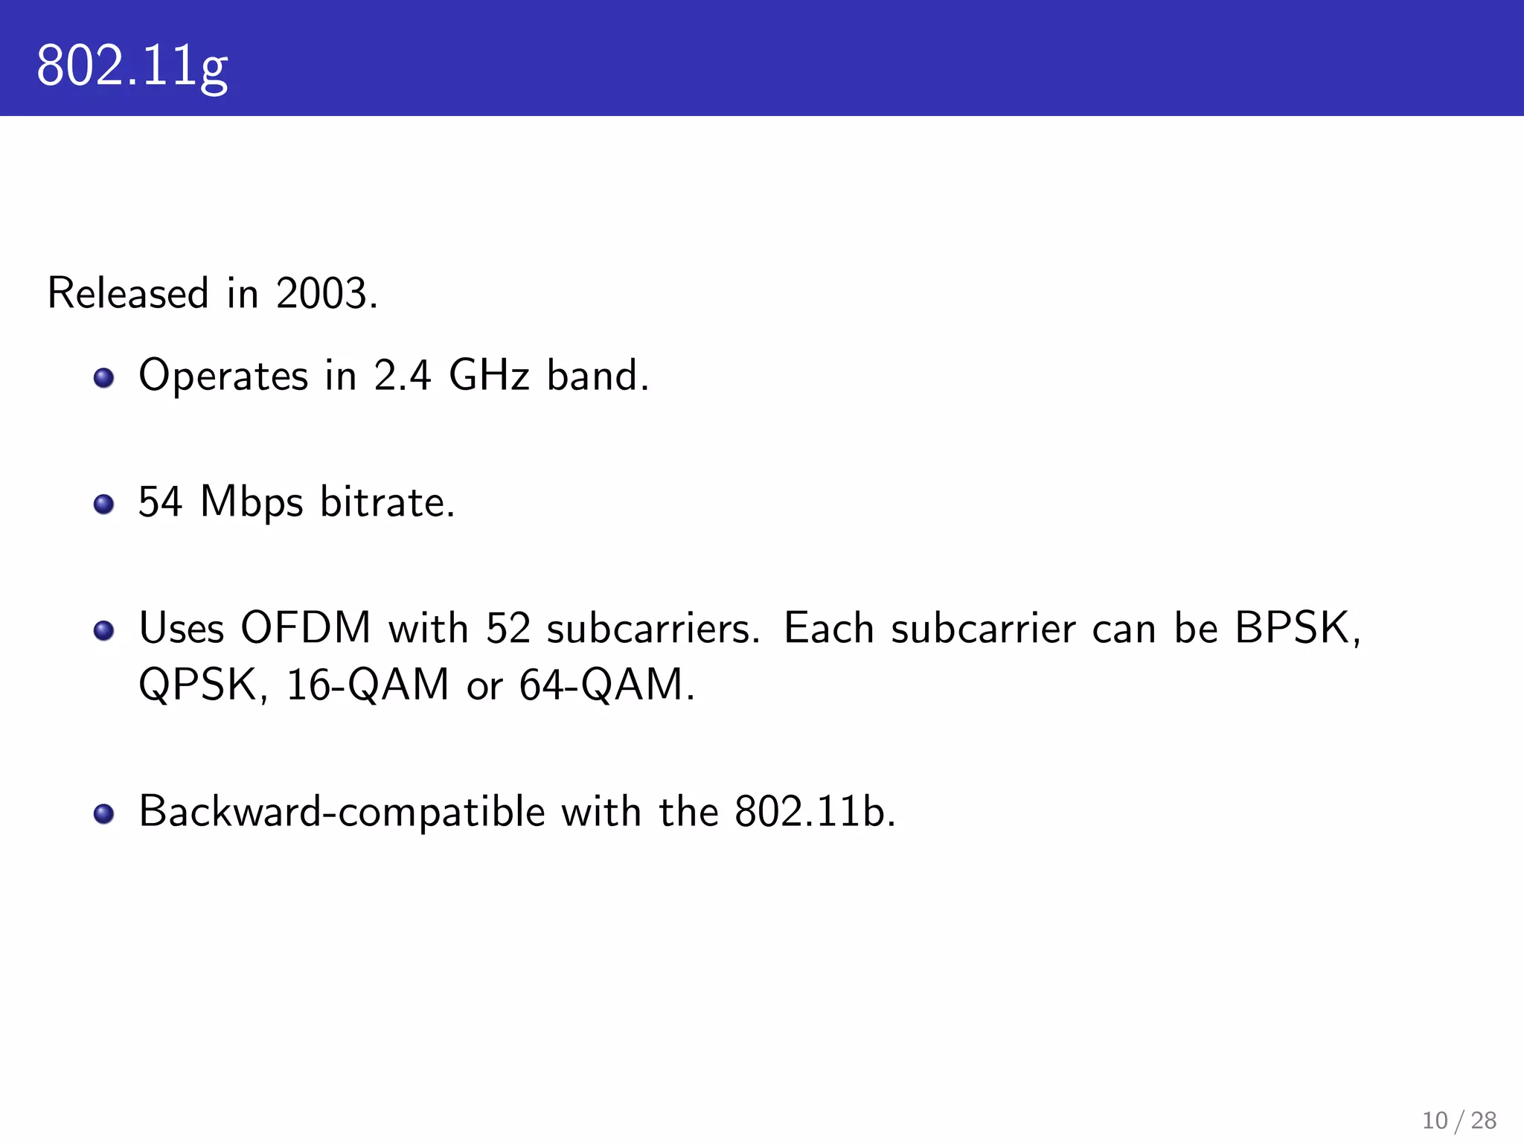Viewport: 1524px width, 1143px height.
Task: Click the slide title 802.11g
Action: point(132,65)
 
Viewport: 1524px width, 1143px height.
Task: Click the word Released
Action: point(128,293)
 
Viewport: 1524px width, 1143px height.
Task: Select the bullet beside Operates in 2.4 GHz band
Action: point(103,377)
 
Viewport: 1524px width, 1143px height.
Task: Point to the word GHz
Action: point(489,375)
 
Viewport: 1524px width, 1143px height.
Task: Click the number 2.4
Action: point(402,375)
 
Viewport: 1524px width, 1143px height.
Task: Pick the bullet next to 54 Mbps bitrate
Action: point(103,505)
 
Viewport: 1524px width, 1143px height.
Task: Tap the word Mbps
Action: point(252,503)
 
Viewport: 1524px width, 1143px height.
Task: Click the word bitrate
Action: point(387,502)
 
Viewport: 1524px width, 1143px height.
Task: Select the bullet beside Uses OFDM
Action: point(103,631)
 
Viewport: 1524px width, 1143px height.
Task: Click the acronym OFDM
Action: point(306,629)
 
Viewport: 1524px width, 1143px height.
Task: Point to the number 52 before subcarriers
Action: point(508,629)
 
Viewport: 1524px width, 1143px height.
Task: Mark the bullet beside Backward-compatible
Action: point(103,813)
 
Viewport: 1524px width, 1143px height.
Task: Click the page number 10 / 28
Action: point(1459,1120)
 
